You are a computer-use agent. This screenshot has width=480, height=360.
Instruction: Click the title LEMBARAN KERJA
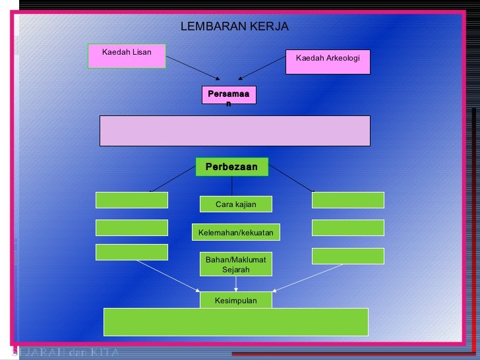click(234, 27)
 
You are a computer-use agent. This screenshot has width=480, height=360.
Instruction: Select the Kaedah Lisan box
click(127, 56)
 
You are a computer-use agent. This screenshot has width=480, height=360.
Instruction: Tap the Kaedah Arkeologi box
click(328, 61)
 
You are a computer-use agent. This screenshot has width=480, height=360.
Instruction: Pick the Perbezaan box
click(231, 167)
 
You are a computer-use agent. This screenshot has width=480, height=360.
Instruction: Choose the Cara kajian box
click(235, 204)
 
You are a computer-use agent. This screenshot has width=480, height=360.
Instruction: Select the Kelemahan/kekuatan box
click(235, 232)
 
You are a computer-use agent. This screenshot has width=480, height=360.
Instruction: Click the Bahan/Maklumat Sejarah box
click(235, 264)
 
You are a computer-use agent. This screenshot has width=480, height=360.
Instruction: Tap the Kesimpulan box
click(235, 301)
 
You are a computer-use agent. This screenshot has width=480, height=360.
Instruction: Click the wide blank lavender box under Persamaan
click(235, 131)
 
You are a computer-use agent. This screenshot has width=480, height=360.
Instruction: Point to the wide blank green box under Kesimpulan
click(235, 322)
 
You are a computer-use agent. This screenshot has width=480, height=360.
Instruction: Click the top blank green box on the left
click(132, 200)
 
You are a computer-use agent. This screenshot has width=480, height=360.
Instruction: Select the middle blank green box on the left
click(132, 227)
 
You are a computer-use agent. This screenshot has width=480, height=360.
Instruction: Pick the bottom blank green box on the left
click(132, 252)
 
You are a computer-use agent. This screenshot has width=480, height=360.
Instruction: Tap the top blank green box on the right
click(347, 200)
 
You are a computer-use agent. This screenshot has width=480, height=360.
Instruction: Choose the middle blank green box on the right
click(347, 227)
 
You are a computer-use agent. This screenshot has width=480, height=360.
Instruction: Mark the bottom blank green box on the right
click(347, 256)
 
